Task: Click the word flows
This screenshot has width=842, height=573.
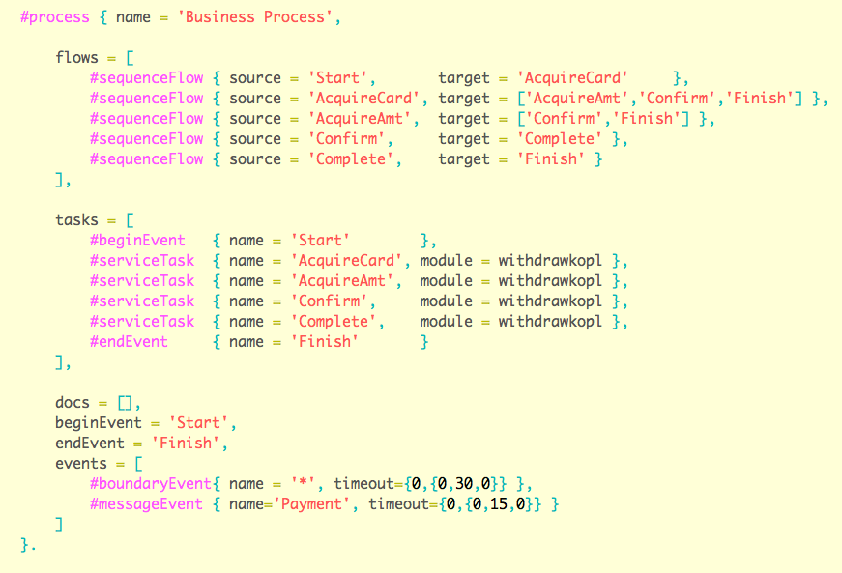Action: coord(76,57)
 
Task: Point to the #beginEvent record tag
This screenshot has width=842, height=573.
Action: coord(137,240)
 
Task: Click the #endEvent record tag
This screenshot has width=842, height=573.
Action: coord(129,341)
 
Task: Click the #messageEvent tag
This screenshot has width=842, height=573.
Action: coord(146,503)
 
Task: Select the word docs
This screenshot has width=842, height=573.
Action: coord(73,402)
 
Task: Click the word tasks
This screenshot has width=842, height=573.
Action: coord(76,219)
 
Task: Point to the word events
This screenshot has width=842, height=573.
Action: coord(81,463)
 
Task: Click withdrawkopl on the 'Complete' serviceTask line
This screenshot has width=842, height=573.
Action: coord(549,321)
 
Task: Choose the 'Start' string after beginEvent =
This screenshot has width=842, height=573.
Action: coord(201,422)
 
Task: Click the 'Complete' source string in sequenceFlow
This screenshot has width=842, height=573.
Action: coord(356,158)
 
